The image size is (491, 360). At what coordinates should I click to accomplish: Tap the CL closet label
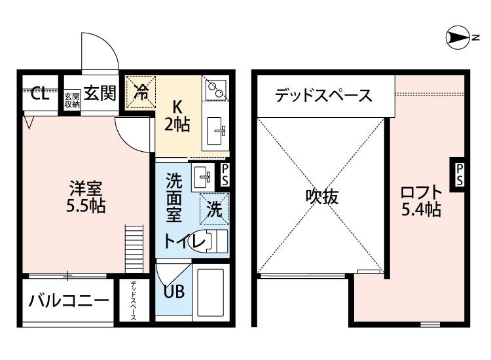pyautogui.click(x=40, y=94)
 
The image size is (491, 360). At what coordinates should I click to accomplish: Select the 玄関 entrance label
pyautogui.click(x=100, y=94)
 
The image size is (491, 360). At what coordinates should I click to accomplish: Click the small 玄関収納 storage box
pyautogui.click(x=71, y=99)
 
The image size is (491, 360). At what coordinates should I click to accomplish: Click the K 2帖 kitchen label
pyautogui.click(x=177, y=115)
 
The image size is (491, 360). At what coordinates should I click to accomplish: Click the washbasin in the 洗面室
pyautogui.click(x=201, y=175)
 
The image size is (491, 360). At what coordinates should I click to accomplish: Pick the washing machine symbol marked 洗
pyautogui.click(x=213, y=209)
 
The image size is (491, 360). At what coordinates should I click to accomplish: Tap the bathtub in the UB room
pyautogui.click(x=211, y=292)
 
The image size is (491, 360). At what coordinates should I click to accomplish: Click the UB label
pyautogui.click(x=173, y=291)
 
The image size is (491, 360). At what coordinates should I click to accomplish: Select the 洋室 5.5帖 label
pyautogui.click(x=86, y=196)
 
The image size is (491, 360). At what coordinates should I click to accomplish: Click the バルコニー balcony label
pyautogui.click(x=68, y=302)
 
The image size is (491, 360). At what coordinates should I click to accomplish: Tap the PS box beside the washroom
pyautogui.click(x=225, y=175)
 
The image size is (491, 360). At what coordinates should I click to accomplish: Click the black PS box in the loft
pyautogui.click(x=460, y=174)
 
